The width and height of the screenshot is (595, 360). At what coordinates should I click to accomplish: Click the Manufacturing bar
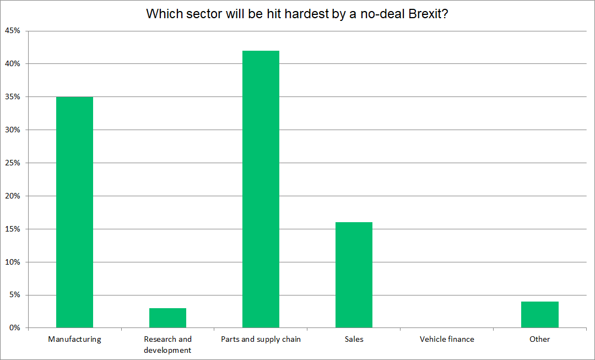74,212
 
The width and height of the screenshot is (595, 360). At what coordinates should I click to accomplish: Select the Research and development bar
167,318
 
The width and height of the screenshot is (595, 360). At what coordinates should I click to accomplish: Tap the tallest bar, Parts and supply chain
261,189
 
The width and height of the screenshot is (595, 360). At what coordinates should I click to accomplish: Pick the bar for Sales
354,275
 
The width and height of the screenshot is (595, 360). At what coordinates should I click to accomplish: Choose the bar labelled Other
540,315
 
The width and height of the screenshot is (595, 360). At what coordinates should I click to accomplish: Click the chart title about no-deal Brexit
297,14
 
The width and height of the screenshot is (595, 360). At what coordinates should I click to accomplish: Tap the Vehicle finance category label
447,339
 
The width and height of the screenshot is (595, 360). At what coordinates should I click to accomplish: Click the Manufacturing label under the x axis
74,339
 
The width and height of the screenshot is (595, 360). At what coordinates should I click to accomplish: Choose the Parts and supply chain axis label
261,339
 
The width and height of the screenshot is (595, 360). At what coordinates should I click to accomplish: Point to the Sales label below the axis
354,339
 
